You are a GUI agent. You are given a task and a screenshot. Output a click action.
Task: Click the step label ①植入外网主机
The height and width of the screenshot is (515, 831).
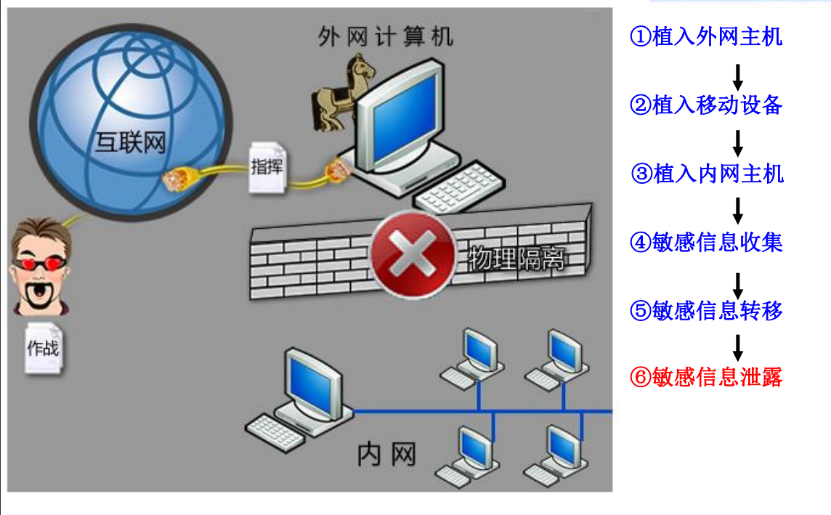click(x=706, y=36)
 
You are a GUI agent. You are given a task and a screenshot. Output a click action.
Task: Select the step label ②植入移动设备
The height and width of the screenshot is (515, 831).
click(x=706, y=105)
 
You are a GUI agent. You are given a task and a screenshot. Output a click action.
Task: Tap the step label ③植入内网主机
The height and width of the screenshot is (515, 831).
click(x=706, y=174)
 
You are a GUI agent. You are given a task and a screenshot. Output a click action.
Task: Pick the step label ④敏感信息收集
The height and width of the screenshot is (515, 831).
click(x=706, y=242)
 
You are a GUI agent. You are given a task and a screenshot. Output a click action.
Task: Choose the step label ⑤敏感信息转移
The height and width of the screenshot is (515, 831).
click(x=706, y=311)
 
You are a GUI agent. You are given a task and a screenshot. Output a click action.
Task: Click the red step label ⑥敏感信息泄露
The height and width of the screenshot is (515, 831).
click(x=706, y=378)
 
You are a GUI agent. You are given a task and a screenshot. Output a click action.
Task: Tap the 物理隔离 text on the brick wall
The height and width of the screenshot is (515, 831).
click(x=516, y=258)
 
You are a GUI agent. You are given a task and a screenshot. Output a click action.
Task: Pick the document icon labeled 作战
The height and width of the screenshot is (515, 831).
click(x=43, y=347)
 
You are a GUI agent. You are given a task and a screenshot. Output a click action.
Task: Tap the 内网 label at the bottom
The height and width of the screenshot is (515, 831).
click(x=386, y=455)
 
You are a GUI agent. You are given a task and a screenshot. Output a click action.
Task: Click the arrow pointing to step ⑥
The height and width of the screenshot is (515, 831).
click(x=737, y=346)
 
